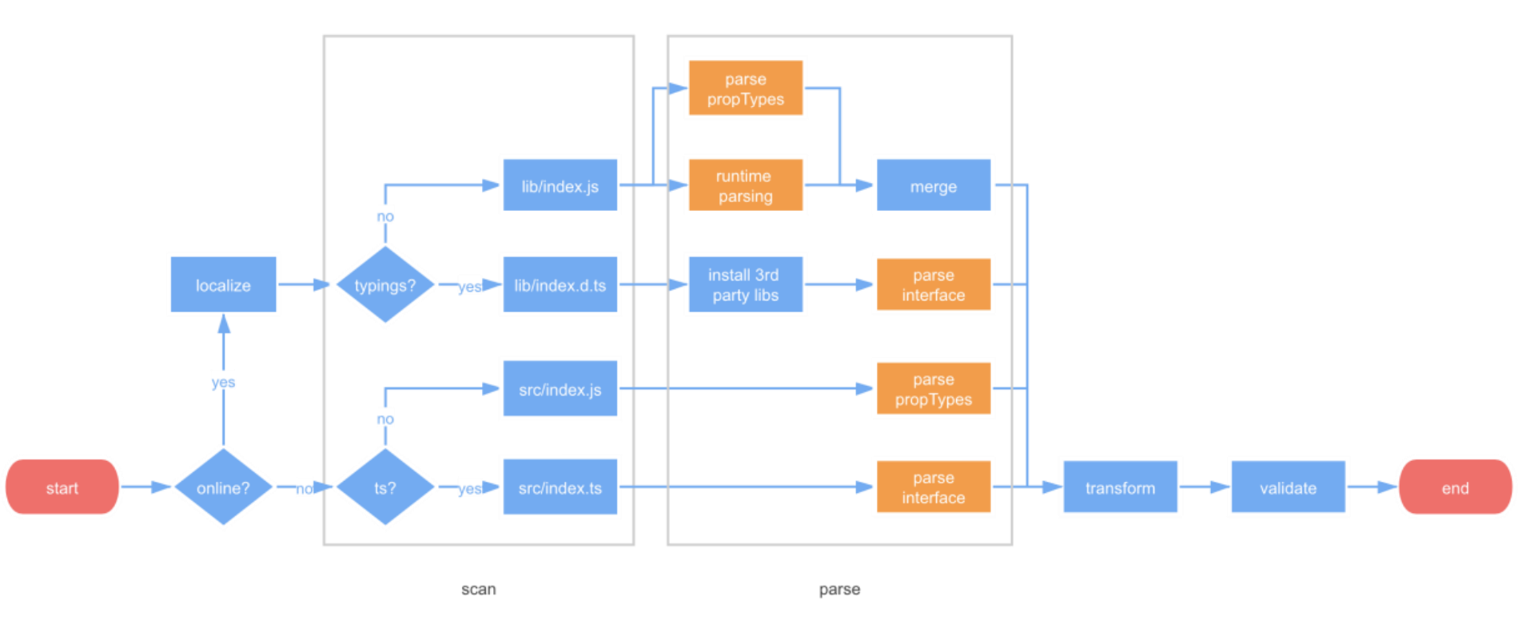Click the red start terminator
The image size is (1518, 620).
coord(62,487)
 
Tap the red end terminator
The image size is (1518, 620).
coord(1454,487)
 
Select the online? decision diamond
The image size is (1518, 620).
coord(223,487)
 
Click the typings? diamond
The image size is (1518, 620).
coord(384,285)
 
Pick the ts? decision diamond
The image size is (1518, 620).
coord(384,487)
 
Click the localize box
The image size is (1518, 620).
coord(223,285)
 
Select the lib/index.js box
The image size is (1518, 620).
coord(560,186)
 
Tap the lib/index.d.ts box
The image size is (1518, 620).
coord(560,285)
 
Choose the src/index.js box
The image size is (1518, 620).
coord(560,389)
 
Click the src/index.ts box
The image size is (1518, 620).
coord(560,487)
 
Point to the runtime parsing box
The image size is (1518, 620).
coord(745,186)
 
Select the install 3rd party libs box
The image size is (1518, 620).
coord(745,285)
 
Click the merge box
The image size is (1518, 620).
coord(933,186)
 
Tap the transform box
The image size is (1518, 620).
coord(1120,487)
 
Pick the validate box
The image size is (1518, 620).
coord(1288,487)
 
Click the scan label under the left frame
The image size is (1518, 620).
coord(478,590)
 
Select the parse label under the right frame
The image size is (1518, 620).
coord(839,590)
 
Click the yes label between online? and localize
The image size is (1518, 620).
coord(223,382)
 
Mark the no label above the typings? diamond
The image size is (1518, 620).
coord(384,217)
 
